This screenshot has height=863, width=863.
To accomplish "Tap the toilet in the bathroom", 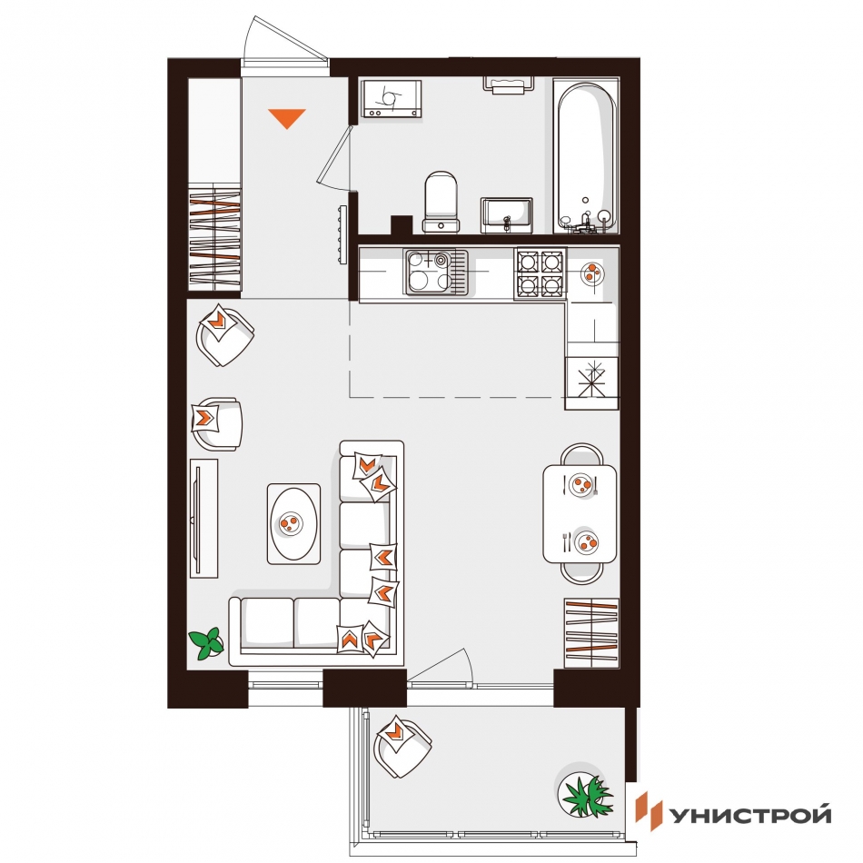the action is [x=441, y=202].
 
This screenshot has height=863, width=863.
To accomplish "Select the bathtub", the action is [x=586, y=158].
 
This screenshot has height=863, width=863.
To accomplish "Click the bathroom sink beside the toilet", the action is [x=506, y=215].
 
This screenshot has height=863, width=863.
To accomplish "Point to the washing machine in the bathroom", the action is [x=391, y=98].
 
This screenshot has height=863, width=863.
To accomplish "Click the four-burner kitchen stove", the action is [x=540, y=273].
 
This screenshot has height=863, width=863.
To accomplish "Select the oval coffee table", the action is [x=294, y=524].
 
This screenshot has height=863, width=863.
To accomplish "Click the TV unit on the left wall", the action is [x=203, y=519].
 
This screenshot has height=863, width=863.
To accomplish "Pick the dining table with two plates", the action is [x=580, y=513].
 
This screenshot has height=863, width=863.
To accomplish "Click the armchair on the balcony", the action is [x=402, y=747].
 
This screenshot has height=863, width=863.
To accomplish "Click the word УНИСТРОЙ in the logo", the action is [x=749, y=815].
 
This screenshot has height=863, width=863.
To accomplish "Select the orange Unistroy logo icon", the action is [x=648, y=810].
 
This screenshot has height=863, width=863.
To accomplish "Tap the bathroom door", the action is [x=334, y=158].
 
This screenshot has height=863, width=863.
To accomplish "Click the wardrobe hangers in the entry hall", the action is [x=214, y=240].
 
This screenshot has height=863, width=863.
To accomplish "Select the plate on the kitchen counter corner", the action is [x=592, y=272].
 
